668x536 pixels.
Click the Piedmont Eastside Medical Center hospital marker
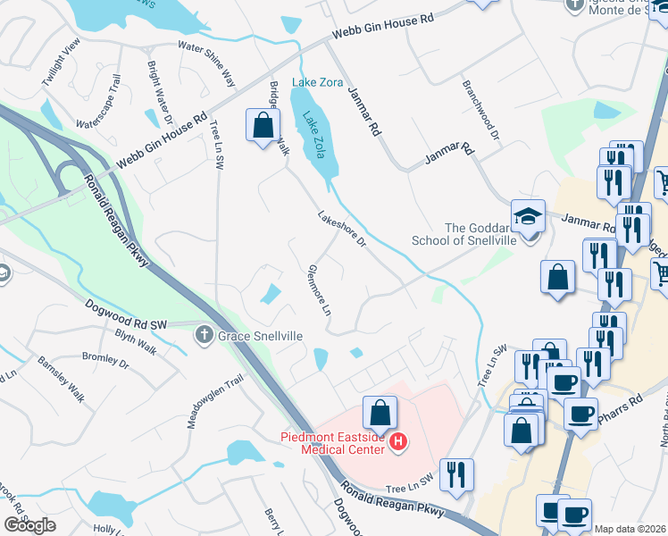pyautogui.click(x=399, y=441)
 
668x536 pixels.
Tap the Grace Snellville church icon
pyautogui.click(x=204, y=335)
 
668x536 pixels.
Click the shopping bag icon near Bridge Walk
pyautogui.click(x=263, y=127)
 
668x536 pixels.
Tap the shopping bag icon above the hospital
pyautogui.click(x=380, y=414)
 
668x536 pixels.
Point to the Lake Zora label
pyautogui.click(x=318, y=82)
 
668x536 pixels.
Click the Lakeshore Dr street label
pyautogui.click(x=342, y=230)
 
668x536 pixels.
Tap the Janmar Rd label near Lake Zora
pyautogui.click(x=363, y=112)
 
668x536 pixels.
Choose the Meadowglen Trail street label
pyautogui.click(x=203, y=401)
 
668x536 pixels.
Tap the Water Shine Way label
pyautogui.click(x=207, y=63)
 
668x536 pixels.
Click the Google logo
pyautogui.click(x=29, y=525)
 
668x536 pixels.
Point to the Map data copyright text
pyautogui.click(x=630, y=529)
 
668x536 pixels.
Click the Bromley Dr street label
pyautogui.click(x=106, y=362)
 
